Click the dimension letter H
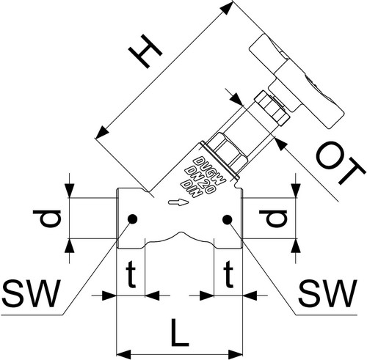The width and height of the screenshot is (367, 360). tap(145, 51)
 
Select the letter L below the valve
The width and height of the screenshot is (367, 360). tap(180, 333)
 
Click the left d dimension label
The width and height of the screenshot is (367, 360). tap(47, 218)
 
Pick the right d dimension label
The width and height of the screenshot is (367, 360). tap(273, 218)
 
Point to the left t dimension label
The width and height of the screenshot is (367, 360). tap(131, 273)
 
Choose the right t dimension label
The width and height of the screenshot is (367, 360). tap(228, 273)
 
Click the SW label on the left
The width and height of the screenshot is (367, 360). tap(31, 293)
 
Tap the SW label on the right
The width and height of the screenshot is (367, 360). tap(327, 293)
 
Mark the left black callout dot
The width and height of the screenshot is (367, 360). tap(133, 219)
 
